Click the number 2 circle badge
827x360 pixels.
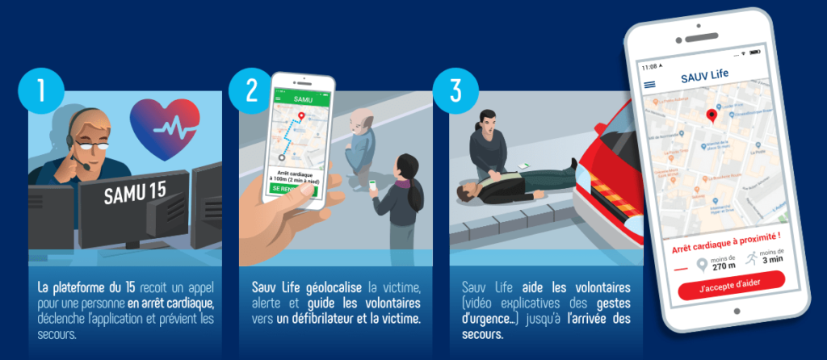click(251, 90)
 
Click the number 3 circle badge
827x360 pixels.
click(455, 90)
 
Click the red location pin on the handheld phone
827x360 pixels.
click(301, 117)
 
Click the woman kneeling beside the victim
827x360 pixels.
click(489, 145)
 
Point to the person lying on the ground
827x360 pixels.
click(517, 183)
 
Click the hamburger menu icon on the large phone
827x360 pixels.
click(649, 84)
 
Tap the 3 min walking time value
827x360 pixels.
click(772, 260)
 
